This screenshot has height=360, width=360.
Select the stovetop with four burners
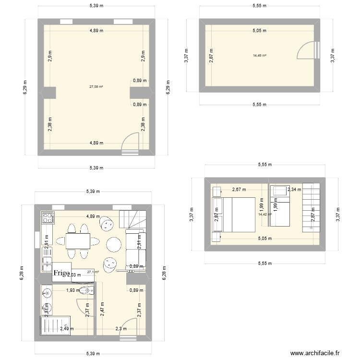pyautogui.click(x=47, y=218)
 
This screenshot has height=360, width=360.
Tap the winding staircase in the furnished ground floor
pyautogui.click(x=131, y=219)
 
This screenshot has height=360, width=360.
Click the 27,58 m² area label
pyautogui.click(x=96, y=87)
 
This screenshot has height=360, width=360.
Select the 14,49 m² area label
pyautogui.click(x=260, y=55)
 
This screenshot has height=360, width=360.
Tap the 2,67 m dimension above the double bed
pyautogui.click(x=239, y=189)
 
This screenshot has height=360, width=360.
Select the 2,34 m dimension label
pyautogui.click(x=294, y=190)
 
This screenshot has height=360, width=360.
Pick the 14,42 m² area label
pyautogui.click(x=264, y=214)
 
